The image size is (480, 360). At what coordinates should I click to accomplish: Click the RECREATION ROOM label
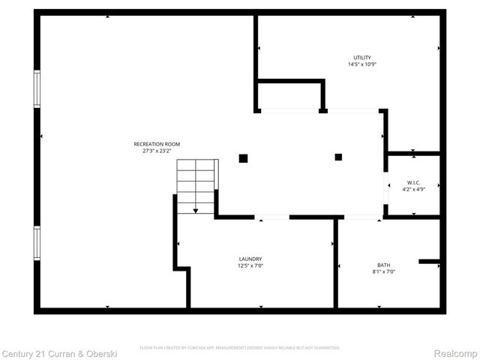(x=157, y=144)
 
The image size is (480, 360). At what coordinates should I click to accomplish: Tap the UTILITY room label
(x=362, y=58)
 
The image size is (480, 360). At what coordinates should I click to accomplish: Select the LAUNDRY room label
(x=250, y=259)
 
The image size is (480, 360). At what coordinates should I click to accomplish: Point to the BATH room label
(x=383, y=265)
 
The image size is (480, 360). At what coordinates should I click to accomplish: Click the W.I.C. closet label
(x=413, y=183)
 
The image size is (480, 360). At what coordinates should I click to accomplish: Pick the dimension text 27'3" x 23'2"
(x=157, y=151)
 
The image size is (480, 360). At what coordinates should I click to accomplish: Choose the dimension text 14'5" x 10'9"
(x=362, y=64)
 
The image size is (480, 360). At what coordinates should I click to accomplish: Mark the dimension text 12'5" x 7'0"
(x=250, y=265)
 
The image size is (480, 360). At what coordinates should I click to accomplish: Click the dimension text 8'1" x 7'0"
(x=383, y=271)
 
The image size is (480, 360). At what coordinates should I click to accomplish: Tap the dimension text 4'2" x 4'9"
(x=413, y=190)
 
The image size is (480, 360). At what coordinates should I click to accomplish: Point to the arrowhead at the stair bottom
(x=196, y=211)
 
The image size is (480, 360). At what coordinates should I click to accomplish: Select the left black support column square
(x=243, y=158)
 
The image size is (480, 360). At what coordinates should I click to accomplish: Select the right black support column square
(x=338, y=157)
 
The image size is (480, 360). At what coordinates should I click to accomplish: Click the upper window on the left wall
(x=36, y=88)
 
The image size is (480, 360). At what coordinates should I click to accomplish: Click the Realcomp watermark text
(x=457, y=352)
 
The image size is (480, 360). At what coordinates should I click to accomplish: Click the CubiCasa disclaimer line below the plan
(x=240, y=348)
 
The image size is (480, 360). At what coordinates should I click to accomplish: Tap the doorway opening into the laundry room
(x=271, y=217)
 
